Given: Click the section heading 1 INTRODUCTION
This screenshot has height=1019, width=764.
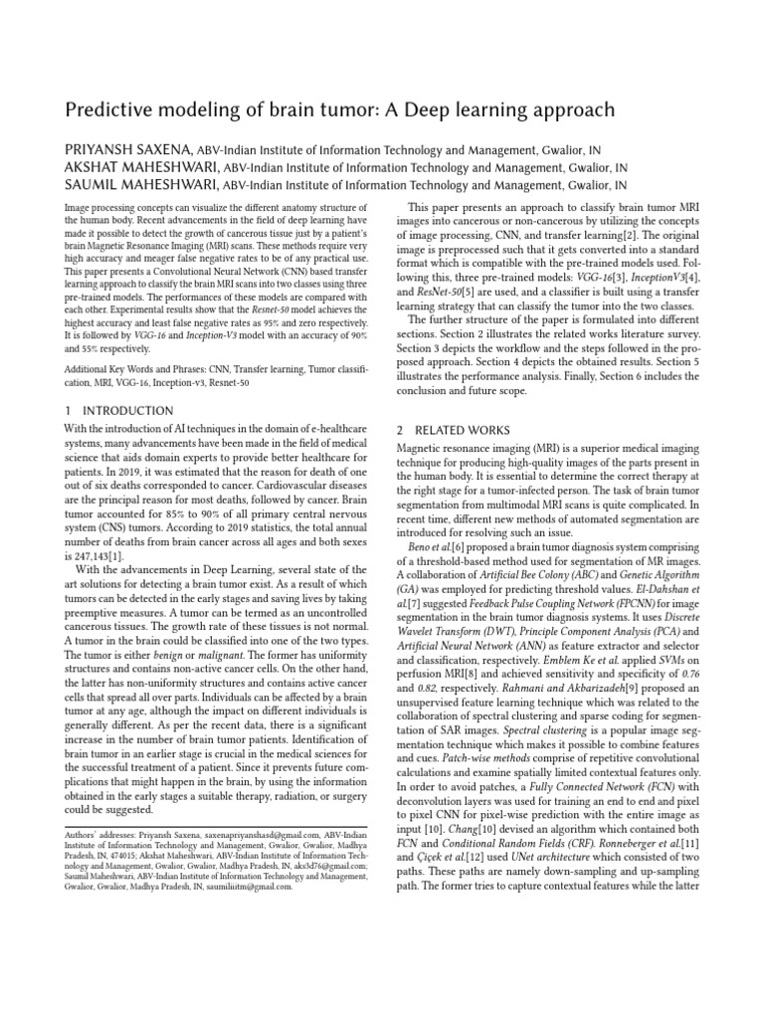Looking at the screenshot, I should tap(118, 410).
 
